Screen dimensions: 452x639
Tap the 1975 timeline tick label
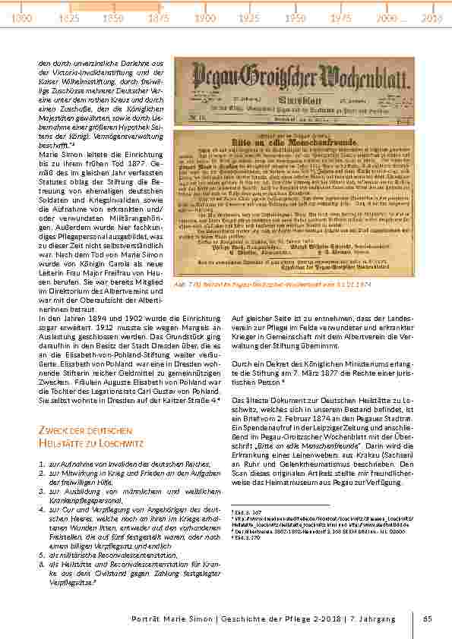click(x=341, y=16)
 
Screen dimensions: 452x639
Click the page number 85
click(x=428, y=619)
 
